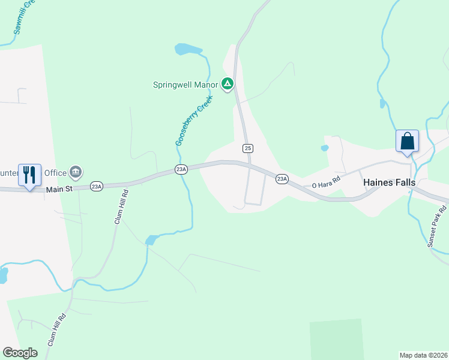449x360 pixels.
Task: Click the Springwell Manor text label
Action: [x=184, y=85]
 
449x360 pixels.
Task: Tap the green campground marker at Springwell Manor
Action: [x=228, y=84]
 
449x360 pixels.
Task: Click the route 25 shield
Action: [x=247, y=148]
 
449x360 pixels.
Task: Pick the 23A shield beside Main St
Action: [x=96, y=187]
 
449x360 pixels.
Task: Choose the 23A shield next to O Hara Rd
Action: [x=282, y=179]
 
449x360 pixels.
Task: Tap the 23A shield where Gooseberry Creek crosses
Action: [x=181, y=170]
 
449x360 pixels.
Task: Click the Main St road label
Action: [x=59, y=189]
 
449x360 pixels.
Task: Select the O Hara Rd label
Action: [x=326, y=182]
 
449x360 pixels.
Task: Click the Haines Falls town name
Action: [x=389, y=182]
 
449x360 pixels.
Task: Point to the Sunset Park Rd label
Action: [x=438, y=226]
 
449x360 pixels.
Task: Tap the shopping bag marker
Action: [x=407, y=142]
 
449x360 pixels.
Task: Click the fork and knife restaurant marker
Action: [x=29, y=175]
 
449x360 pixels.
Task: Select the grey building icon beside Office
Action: [x=76, y=173]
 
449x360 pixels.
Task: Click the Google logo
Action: [x=20, y=353]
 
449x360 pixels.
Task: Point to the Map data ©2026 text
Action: [x=423, y=355]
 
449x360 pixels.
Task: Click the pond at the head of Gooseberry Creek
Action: [x=188, y=49]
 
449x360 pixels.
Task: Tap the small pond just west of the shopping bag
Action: [x=325, y=148]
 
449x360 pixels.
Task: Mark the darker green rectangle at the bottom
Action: [x=337, y=340]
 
